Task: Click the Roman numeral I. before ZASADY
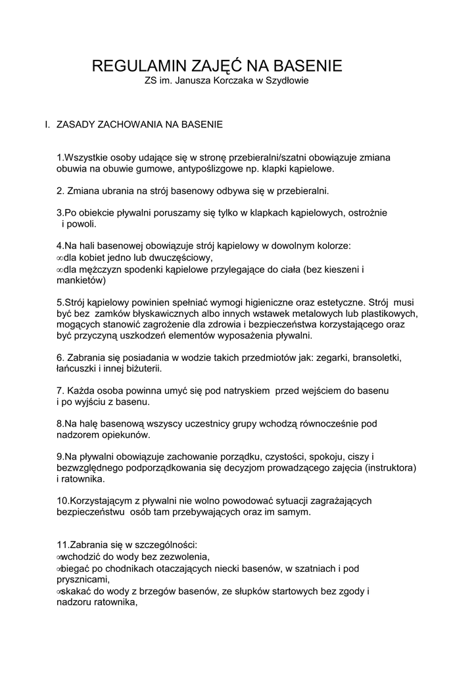click(x=47, y=124)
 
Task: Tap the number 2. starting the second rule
click(x=60, y=191)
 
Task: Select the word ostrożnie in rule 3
click(x=368, y=213)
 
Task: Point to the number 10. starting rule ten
click(x=62, y=501)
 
